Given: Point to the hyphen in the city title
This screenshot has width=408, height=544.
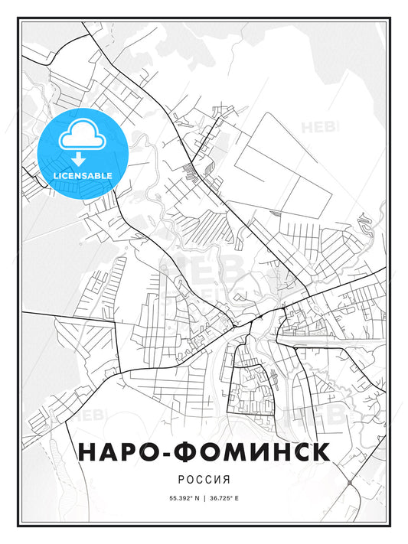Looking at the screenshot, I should coord(168,452).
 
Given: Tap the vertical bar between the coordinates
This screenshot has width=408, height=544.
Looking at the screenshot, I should coord(204,498).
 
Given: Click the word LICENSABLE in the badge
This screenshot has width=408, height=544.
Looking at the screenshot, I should coord(83,175).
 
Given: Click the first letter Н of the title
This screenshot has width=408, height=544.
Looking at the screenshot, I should coord(86,451).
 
